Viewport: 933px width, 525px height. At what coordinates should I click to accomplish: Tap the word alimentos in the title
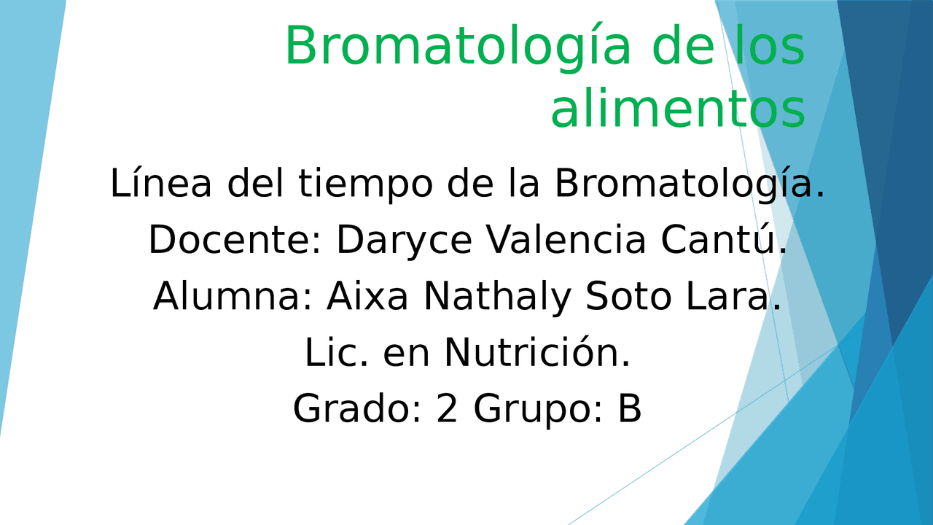point(678,110)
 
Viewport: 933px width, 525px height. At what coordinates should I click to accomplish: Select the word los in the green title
point(770,44)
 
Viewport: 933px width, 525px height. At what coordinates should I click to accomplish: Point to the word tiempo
point(365,184)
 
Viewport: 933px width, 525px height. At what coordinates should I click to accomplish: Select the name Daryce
point(404,241)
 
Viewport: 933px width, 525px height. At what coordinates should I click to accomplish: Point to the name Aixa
point(367,296)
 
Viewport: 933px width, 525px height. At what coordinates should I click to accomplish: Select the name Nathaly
point(497,297)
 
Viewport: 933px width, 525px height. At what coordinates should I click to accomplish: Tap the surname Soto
point(628,296)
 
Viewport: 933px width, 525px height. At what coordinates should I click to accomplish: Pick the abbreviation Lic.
point(337,352)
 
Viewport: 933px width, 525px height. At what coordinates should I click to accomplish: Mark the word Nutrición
point(537,351)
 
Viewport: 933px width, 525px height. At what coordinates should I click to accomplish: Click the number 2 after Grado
point(447,409)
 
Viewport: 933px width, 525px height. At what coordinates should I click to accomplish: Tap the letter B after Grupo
point(629,409)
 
